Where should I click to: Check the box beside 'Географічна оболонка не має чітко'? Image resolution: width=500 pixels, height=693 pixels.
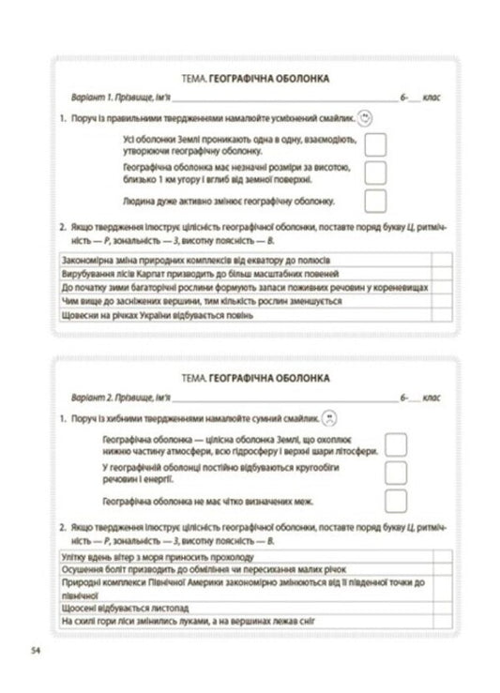pyautogui.click(x=396, y=501)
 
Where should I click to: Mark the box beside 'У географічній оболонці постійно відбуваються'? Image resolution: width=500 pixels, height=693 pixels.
pyautogui.click(x=396, y=472)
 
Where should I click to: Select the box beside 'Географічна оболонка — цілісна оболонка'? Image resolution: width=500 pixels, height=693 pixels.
pyautogui.click(x=396, y=444)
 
